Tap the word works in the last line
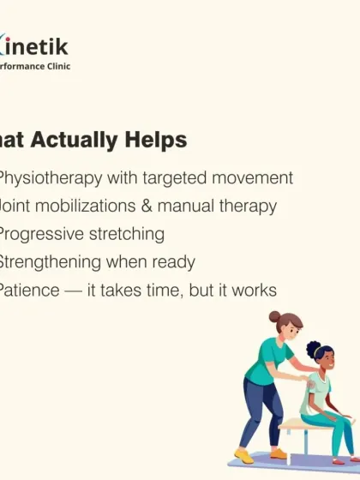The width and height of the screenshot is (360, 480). [254, 291]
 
